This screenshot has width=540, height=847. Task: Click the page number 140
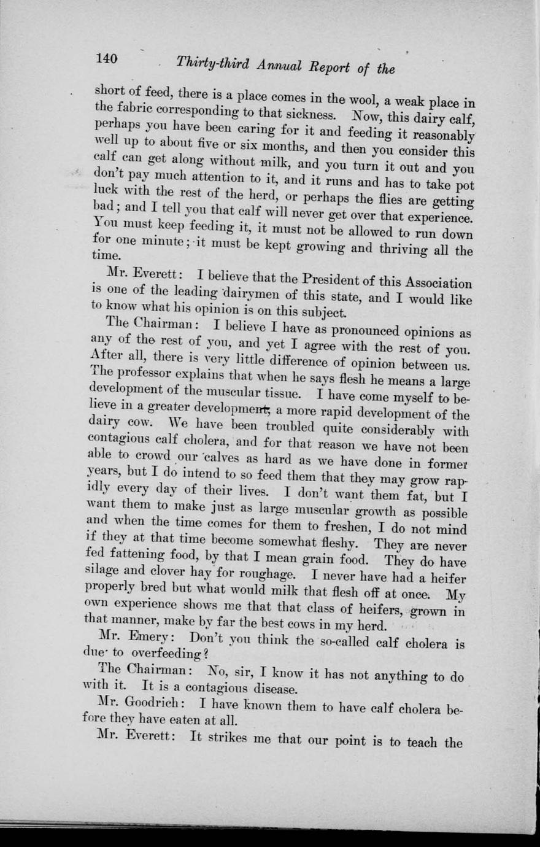(x=106, y=59)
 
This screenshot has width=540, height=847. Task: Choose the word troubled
(x=298, y=425)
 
